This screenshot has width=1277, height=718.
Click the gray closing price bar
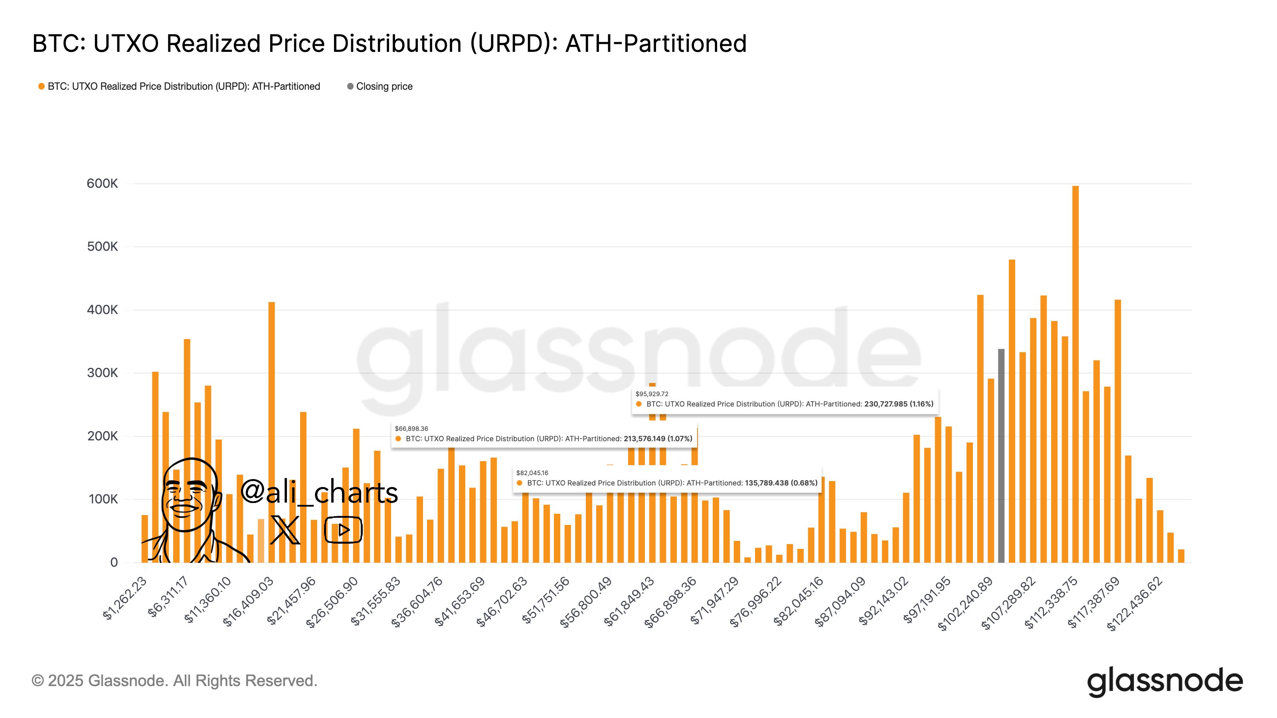1001,456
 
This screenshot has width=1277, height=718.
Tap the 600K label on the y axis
102,184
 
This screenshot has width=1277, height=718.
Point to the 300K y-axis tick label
102,373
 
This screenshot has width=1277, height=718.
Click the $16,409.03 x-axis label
249,601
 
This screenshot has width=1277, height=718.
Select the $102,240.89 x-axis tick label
966,603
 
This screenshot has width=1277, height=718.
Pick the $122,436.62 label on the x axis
1136,603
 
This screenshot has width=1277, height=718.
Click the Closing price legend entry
383,87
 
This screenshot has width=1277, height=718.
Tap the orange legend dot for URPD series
42,87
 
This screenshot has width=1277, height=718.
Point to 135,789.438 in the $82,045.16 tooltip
766,483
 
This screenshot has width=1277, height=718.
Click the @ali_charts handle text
319,492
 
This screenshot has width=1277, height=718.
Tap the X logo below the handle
285,530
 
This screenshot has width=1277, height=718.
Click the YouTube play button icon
344,530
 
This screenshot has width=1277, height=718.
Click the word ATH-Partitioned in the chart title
655,43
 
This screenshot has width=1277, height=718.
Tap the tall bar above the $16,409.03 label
272,431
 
